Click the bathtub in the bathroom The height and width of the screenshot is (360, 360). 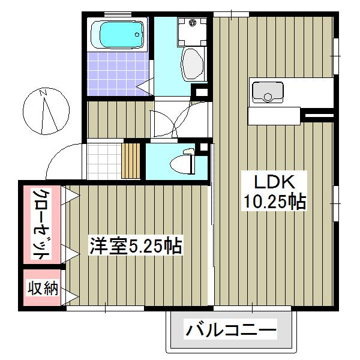117,34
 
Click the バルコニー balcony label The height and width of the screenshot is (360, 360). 230,331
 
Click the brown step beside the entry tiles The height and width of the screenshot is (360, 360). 131,160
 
